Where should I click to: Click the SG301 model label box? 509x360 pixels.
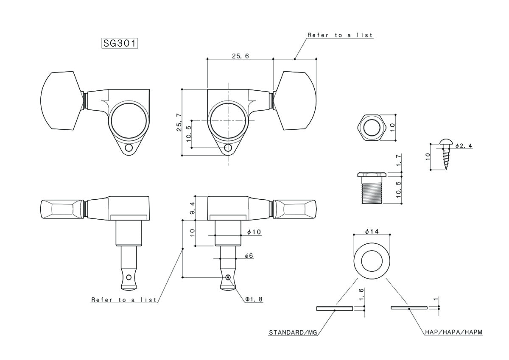tap(120, 43)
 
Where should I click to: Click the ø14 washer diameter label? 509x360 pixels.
tap(371, 231)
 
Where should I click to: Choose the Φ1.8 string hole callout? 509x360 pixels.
tap(254, 299)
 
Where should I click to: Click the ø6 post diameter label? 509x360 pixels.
tap(249, 256)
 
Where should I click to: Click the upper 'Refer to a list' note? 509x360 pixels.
tap(340, 35)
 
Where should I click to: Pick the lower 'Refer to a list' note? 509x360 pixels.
tap(124, 300)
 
